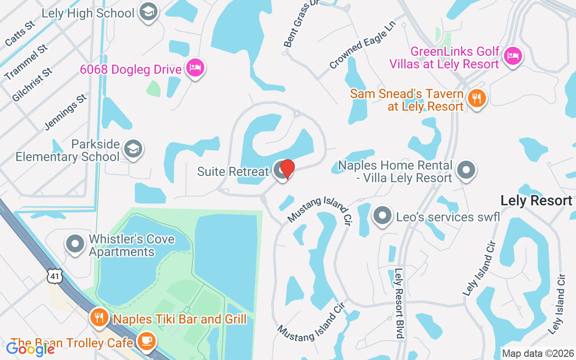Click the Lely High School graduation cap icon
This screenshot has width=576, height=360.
[x=148, y=12]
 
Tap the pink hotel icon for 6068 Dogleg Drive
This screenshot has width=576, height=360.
[x=195, y=68]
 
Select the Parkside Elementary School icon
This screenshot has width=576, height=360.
[x=133, y=149]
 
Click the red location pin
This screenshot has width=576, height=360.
[x=287, y=169]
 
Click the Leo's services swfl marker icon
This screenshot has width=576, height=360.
[x=382, y=216]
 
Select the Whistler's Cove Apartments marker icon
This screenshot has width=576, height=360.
[x=75, y=244]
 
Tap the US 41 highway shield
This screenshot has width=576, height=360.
[x=54, y=276]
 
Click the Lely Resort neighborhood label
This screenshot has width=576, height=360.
[x=536, y=200]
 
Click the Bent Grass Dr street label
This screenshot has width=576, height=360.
[x=298, y=25]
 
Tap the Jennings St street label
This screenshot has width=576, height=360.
[x=66, y=112]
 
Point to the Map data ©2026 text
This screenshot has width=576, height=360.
[x=538, y=353]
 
